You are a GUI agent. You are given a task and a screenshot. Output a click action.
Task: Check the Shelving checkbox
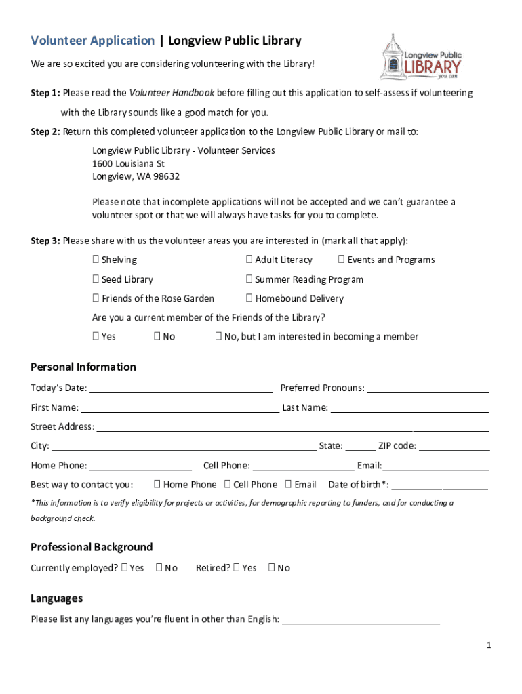(x=96, y=260)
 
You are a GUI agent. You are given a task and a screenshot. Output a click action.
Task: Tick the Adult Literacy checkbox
(x=249, y=260)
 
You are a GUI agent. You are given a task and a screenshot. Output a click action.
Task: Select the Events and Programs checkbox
(x=342, y=260)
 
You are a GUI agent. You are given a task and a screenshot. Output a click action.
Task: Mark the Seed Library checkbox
(x=96, y=279)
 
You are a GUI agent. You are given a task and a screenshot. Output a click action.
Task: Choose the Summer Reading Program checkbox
(x=249, y=279)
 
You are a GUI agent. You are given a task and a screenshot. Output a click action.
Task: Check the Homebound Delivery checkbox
(x=249, y=298)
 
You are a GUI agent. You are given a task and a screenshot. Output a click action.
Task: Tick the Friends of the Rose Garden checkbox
(x=96, y=298)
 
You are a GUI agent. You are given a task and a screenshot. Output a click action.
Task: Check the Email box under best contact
(x=289, y=484)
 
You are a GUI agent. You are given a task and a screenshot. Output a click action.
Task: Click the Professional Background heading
(x=92, y=547)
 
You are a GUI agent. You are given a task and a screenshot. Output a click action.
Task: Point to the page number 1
(x=488, y=645)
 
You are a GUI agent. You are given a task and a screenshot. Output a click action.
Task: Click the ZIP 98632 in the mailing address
(x=165, y=176)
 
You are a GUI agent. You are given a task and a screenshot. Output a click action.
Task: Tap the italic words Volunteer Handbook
(x=172, y=93)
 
